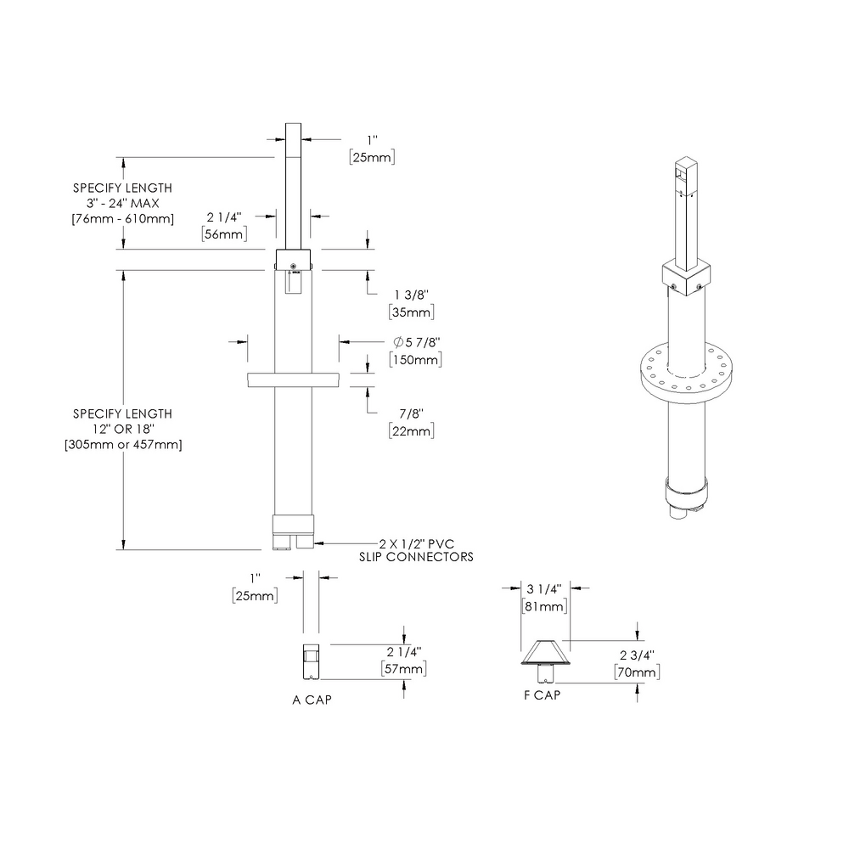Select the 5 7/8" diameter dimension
coord(416,342)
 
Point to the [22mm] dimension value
coord(411,431)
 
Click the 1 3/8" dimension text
coord(411,294)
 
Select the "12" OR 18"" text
coord(122,429)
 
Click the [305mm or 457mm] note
coord(122,444)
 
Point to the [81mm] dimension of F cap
coord(543,606)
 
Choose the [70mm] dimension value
coord(637,672)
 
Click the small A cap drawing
coord(312,661)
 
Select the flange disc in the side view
coord(293,380)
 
